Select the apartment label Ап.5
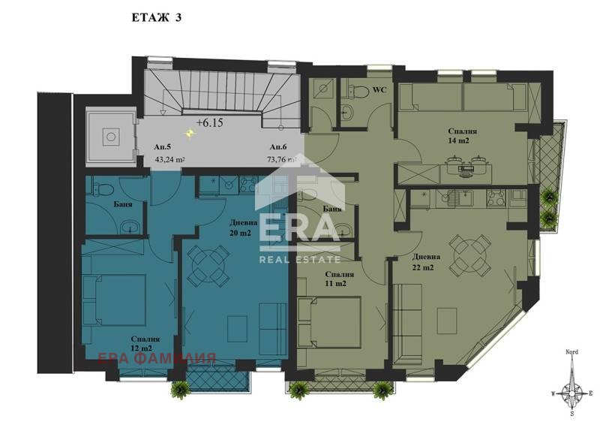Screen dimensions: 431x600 click(x=160, y=148)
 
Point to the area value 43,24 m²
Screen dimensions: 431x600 click(x=169, y=159)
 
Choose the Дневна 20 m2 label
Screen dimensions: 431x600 click(x=243, y=228)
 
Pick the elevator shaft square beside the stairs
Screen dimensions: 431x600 click(x=110, y=137)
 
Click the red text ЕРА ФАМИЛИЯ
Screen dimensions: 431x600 click(x=157, y=358)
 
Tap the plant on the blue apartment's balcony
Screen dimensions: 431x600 click(x=180, y=389)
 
